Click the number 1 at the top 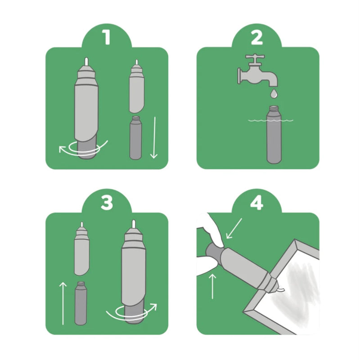point(106,37)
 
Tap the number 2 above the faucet point(256,38)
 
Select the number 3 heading point(107,203)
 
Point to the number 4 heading point(257,203)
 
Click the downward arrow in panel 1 point(154,138)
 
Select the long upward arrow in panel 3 point(63,303)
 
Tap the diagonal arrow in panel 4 point(234,229)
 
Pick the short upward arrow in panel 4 point(212,286)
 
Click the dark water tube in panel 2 point(274,134)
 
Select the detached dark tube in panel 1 point(135,138)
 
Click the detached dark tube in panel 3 point(81,303)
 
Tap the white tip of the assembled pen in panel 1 point(86,62)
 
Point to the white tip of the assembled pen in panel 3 point(133,224)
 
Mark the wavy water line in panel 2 point(271,120)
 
